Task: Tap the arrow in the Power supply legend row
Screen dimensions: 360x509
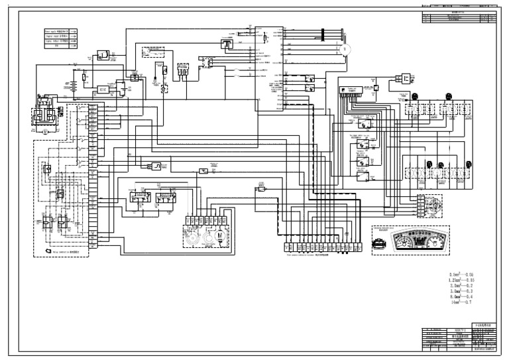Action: (74, 31)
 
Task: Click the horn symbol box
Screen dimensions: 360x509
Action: (103, 54)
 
